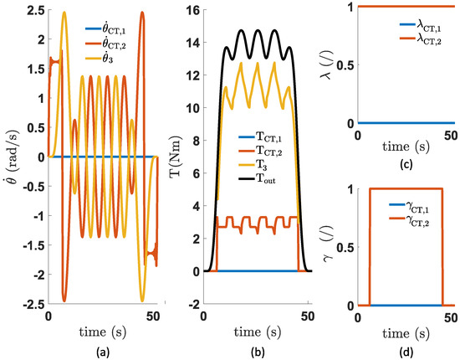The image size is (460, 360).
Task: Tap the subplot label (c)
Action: click(x=404, y=165)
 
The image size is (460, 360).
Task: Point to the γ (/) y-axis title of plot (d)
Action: click(x=328, y=246)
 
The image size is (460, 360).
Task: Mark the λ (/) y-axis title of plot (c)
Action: click(x=328, y=64)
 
